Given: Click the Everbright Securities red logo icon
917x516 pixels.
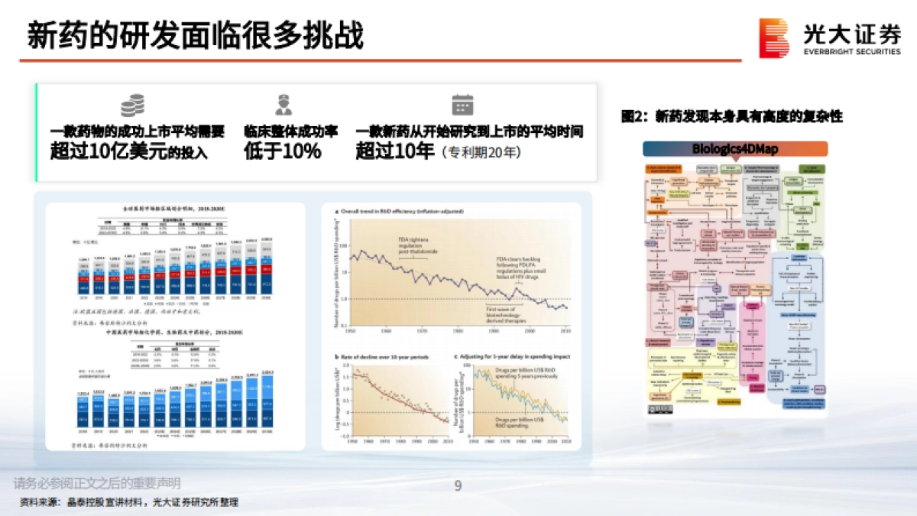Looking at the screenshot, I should [773, 37].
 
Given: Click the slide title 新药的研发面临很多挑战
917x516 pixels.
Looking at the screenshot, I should [195, 36].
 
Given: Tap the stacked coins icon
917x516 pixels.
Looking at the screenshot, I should [133, 105].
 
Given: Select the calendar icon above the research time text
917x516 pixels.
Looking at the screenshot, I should [463, 105].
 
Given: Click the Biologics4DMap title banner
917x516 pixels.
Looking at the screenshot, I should [734, 149].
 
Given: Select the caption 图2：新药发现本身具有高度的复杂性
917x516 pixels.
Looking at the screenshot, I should [731, 117].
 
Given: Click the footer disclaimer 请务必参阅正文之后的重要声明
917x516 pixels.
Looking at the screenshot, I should [97, 483].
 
